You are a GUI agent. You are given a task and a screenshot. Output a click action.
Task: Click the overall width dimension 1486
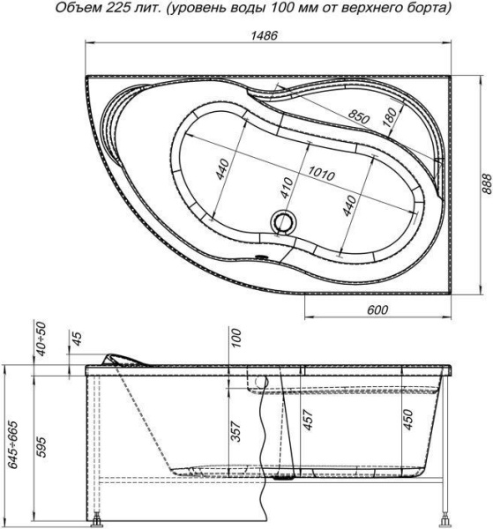(264, 35)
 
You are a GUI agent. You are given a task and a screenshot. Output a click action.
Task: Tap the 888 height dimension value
(486, 184)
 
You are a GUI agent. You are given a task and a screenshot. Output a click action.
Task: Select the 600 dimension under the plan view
(377, 309)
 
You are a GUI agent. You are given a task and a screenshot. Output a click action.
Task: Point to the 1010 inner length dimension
(321, 174)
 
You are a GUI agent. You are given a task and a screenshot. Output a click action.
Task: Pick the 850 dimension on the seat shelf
(359, 116)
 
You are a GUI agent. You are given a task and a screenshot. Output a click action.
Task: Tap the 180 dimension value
(390, 117)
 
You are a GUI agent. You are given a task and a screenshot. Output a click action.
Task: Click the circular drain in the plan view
(284, 221)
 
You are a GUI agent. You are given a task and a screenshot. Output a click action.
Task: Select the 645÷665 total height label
(13, 444)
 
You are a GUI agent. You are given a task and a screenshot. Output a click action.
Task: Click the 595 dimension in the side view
(41, 447)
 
